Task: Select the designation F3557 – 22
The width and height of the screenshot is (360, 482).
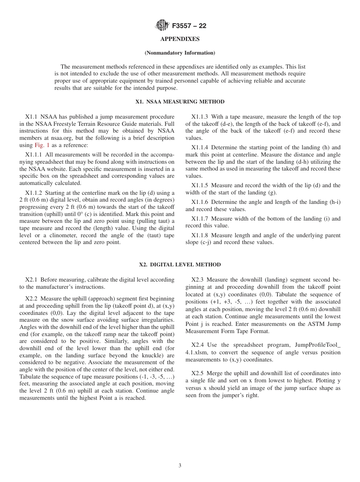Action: (189, 26)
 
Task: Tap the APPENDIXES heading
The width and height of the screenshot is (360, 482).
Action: (180, 39)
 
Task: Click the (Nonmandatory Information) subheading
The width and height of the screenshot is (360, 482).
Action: (180, 53)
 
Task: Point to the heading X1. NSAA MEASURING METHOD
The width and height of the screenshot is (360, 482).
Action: (180, 102)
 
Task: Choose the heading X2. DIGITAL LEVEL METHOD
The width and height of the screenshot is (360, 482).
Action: (180, 264)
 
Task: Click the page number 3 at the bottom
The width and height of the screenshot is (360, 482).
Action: (180, 466)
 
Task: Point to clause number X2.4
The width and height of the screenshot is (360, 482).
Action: (198, 345)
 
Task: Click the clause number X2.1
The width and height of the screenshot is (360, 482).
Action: (32, 280)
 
